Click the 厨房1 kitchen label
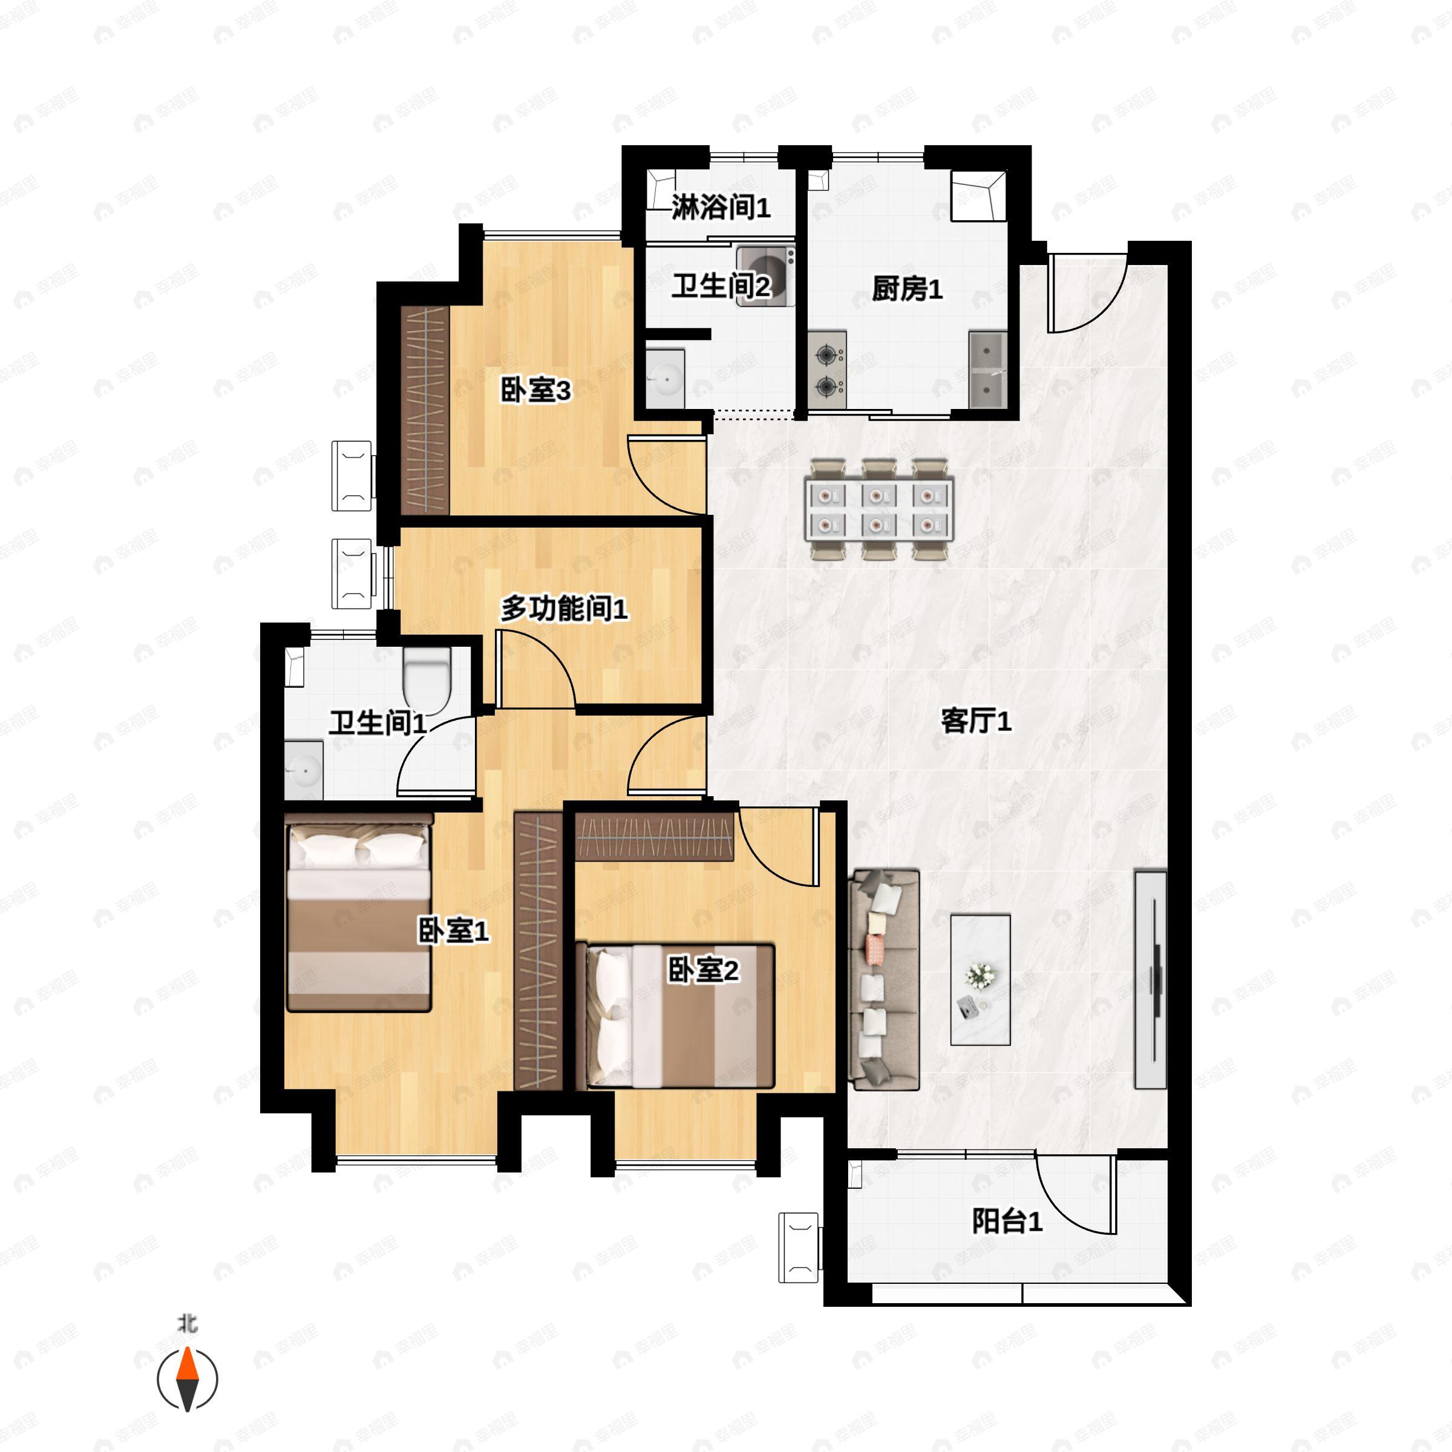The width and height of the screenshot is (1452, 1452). (907, 289)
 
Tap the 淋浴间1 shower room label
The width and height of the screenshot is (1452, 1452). (721, 207)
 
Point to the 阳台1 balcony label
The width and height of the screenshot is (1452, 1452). (1007, 1221)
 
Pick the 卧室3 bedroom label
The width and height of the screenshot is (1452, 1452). (536, 390)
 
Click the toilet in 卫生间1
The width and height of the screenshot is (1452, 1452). (426, 680)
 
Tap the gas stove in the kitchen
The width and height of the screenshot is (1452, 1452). (828, 370)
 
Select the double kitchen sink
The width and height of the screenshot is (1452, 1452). (987, 370)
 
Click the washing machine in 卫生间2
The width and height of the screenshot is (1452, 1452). (765, 276)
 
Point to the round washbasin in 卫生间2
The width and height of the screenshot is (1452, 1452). (665, 378)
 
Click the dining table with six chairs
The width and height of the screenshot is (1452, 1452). (879, 509)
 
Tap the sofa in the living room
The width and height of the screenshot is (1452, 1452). (884, 980)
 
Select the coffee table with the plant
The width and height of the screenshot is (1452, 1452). (980, 979)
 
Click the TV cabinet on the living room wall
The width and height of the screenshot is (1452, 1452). (1150, 980)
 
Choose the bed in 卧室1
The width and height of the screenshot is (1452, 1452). (359, 912)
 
